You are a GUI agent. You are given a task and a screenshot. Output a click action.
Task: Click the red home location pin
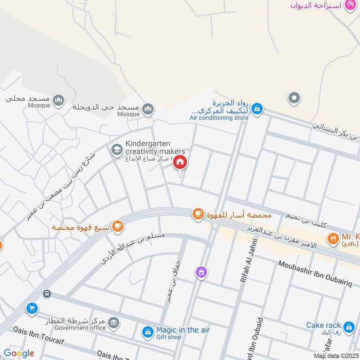click(x=180, y=162)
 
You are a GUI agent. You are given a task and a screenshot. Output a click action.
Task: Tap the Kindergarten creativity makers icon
click(x=117, y=149)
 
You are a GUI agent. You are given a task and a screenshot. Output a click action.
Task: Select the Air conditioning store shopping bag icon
click(x=257, y=108)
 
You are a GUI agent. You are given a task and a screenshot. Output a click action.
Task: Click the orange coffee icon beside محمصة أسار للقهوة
click(x=198, y=215)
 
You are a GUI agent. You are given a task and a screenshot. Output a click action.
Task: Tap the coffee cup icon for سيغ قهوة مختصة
click(x=118, y=226)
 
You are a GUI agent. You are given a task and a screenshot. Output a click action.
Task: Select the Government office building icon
click(x=114, y=322)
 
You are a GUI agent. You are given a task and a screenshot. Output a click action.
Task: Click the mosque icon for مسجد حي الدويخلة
click(x=148, y=108)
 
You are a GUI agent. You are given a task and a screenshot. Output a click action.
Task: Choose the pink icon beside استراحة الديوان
click(x=350, y=5)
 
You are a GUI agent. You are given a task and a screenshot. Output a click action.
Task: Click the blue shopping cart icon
click(x=31, y=308)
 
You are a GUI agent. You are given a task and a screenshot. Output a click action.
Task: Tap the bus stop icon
click(x=46, y=294)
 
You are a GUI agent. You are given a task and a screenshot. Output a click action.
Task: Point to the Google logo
click(x=18, y=353)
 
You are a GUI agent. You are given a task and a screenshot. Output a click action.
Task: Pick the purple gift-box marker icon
click(x=201, y=272)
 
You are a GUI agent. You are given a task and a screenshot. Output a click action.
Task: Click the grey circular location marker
click(x=294, y=97)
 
